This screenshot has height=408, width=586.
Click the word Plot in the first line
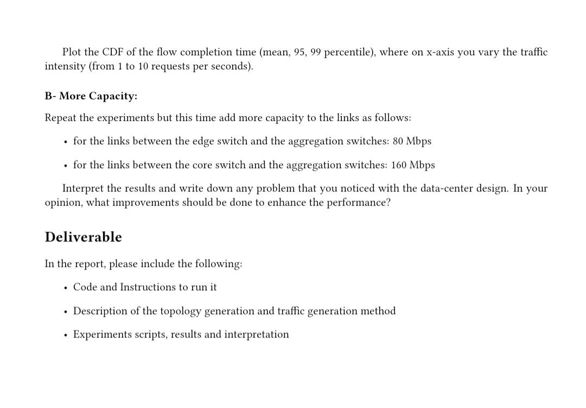pos(72,52)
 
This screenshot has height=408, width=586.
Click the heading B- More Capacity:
pos(91,96)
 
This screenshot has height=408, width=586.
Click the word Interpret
pos(82,188)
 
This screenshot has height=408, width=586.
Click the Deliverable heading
pos(83,237)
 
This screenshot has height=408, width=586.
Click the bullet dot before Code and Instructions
pos(65,288)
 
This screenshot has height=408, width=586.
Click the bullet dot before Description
pos(65,311)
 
